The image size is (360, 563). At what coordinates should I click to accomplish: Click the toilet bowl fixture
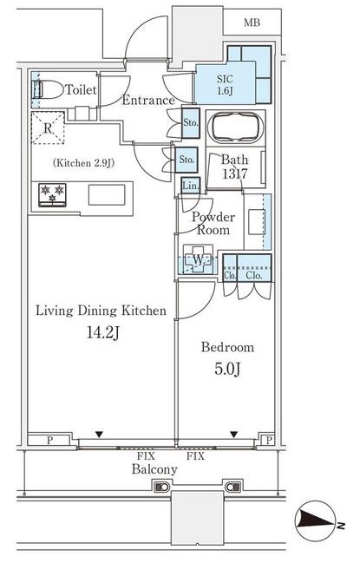[48, 89]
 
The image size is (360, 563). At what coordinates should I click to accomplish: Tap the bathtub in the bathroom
[235, 128]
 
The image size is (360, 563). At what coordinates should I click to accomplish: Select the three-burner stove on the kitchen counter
[52, 195]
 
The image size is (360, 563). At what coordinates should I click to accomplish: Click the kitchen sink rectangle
[107, 195]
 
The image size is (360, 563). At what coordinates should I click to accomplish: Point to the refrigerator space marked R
[48, 128]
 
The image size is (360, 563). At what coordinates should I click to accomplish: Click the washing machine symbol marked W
[198, 259]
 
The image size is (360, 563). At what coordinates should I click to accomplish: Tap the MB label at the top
[252, 23]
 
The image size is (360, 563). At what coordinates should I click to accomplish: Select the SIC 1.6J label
[225, 85]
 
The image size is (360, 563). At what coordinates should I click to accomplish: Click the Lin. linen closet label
[190, 186]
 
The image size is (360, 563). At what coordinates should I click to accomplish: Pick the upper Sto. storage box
[191, 122]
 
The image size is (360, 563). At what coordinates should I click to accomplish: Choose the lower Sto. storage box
[187, 160]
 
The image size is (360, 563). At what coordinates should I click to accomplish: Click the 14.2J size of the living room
[103, 333]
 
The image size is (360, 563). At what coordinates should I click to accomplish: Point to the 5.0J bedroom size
[227, 369]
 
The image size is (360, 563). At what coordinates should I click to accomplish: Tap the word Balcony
[154, 469]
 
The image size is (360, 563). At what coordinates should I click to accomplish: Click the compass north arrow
[317, 521]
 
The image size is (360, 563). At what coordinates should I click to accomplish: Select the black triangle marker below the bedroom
[234, 435]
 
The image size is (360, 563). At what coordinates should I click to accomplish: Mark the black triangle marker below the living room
[99, 435]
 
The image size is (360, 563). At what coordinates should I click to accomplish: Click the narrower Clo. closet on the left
[230, 268]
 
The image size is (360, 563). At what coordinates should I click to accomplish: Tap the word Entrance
[148, 100]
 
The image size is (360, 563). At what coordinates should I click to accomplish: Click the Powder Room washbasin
[257, 222]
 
